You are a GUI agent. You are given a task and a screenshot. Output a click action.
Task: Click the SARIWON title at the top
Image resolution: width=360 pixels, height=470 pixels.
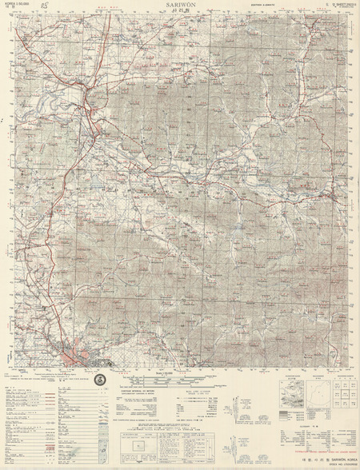click(181, 5)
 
